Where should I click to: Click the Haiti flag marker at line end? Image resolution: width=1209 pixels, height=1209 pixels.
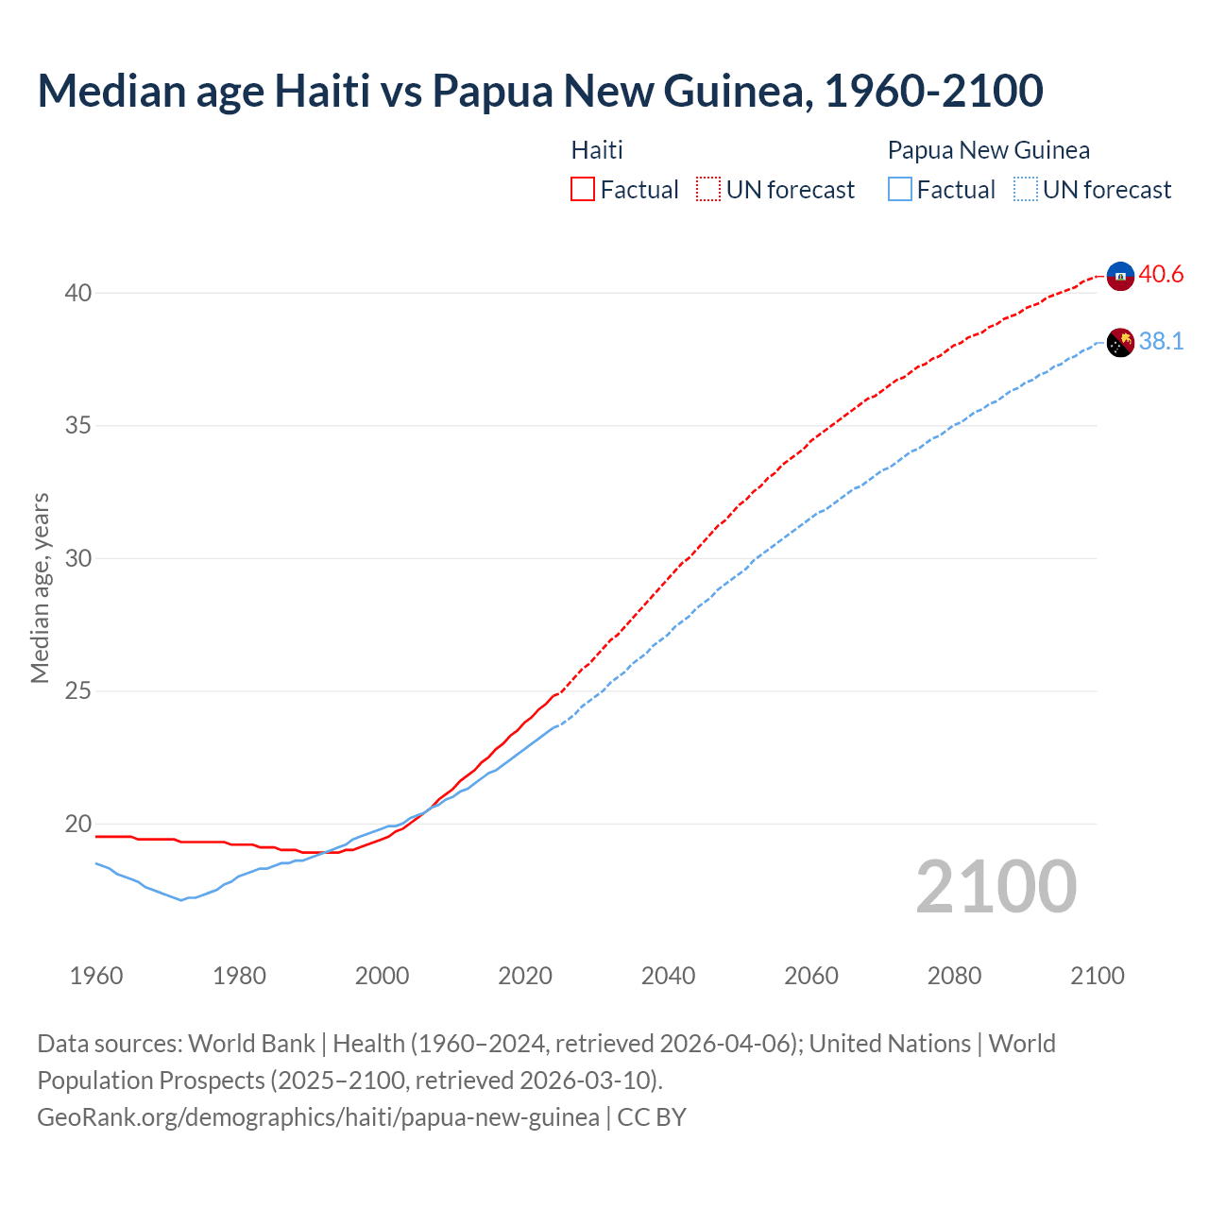click(x=1120, y=276)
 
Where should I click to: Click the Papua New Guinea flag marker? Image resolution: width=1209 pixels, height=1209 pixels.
click(x=1120, y=342)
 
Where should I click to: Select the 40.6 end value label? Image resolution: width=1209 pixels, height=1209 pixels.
click(x=1161, y=274)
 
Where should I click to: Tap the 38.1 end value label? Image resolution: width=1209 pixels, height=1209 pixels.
click(x=1161, y=341)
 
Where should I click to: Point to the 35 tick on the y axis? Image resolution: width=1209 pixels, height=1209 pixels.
click(x=77, y=426)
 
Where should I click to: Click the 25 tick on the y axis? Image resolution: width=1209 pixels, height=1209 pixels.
click(x=77, y=691)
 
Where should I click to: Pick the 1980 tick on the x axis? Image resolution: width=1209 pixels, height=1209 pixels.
click(x=239, y=976)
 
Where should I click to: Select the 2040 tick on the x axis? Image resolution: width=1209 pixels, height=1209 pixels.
click(x=668, y=976)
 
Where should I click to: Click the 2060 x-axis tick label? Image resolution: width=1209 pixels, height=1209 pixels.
click(x=811, y=976)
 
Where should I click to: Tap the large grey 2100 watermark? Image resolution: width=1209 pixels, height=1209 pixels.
click(x=996, y=886)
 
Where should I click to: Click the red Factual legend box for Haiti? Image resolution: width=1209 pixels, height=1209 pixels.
click(x=583, y=190)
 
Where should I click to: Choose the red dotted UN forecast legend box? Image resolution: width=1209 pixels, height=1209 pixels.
click(x=708, y=190)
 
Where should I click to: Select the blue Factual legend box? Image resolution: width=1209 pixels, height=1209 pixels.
click(x=899, y=190)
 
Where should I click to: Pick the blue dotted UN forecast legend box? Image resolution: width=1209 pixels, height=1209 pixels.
click(x=1025, y=190)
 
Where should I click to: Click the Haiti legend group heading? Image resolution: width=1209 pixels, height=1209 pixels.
click(x=597, y=150)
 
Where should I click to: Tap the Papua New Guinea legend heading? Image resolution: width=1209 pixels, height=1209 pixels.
click(x=988, y=150)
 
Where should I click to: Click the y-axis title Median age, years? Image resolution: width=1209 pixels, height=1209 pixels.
click(x=40, y=587)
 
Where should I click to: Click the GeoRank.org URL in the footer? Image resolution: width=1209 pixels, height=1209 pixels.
click(x=317, y=1117)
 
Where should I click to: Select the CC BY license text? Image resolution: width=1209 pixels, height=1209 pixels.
click(x=652, y=1117)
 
